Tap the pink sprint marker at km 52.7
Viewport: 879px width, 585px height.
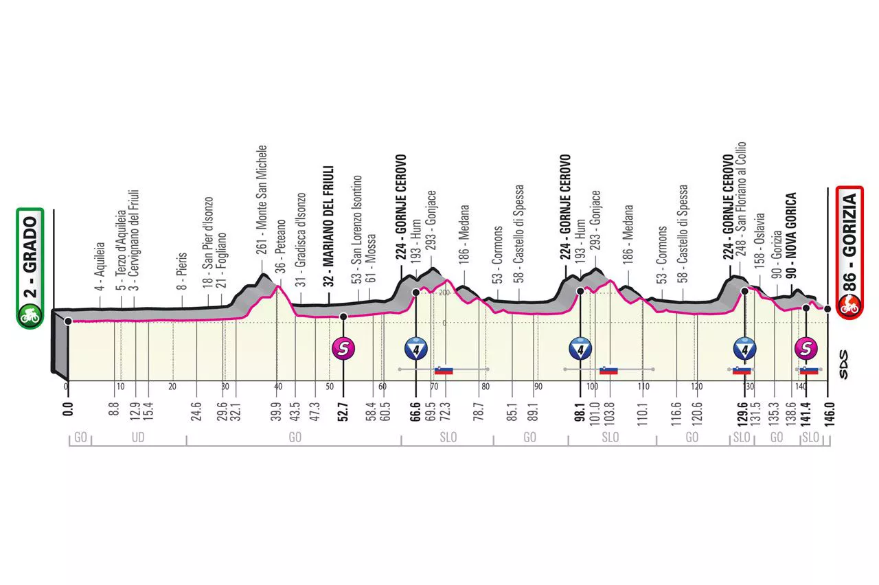(343, 349)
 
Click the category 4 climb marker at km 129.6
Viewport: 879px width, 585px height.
(744, 349)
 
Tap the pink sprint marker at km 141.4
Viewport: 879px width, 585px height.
(806, 349)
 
